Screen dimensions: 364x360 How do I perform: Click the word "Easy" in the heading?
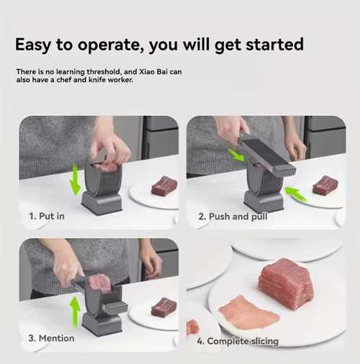36,45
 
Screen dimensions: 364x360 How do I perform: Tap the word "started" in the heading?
269,45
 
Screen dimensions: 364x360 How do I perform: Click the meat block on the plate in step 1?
163,186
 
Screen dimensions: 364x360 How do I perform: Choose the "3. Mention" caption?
51,338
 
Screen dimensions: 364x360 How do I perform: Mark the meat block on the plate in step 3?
163,307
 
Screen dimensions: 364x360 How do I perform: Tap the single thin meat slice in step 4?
248,313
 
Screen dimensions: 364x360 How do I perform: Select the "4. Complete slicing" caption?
238,341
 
